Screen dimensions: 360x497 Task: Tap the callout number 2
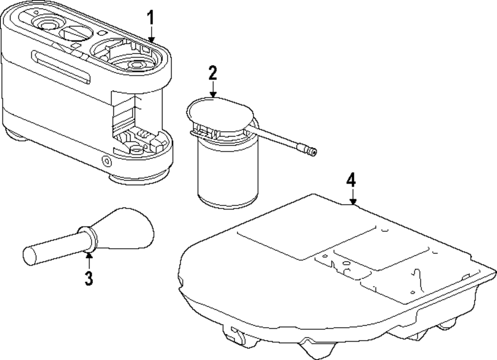(213, 73)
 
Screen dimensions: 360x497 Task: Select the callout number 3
(88, 279)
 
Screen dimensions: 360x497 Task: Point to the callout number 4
(351, 180)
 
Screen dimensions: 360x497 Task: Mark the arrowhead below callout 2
(213, 94)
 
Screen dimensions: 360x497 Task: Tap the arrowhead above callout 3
(88, 256)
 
